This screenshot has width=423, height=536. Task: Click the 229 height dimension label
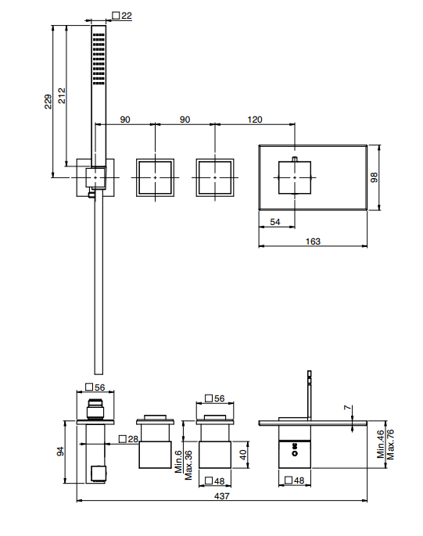pos(48,102)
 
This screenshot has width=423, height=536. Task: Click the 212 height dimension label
pos(62,95)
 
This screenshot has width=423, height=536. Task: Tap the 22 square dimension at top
pos(122,16)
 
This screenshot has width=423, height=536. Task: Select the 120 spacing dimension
pos(255,120)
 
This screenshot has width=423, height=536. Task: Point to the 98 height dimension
pos(374,177)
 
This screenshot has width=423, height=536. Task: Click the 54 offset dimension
pos(275,222)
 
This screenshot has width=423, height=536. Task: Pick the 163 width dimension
pos(313,241)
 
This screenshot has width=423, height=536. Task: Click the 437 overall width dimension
pos(222,495)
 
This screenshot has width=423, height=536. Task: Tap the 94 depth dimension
pos(60,452)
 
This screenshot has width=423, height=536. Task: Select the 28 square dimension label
pos(128,439)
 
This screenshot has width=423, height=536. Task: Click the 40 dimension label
pos(242,455)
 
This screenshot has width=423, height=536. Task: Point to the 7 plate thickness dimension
pos(347,408)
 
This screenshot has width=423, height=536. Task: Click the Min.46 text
pos(380,444)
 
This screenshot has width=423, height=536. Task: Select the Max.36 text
pos(188,465)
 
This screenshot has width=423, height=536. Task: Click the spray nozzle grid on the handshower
pos(99,59)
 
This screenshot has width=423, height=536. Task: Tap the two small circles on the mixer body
pos(295,449)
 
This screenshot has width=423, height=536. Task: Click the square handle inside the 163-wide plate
pos(295,177)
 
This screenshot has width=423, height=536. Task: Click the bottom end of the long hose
pos(99,374)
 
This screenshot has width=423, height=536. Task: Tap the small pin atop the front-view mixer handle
pos(295,159)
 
